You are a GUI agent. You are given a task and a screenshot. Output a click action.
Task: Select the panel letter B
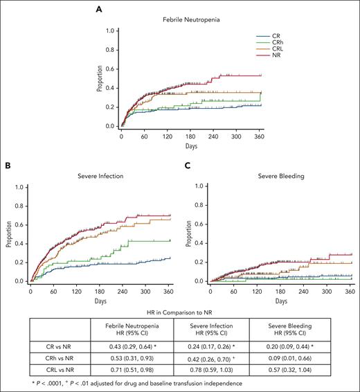click(6, 166)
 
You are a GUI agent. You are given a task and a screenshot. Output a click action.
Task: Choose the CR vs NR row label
click(49, 344)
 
